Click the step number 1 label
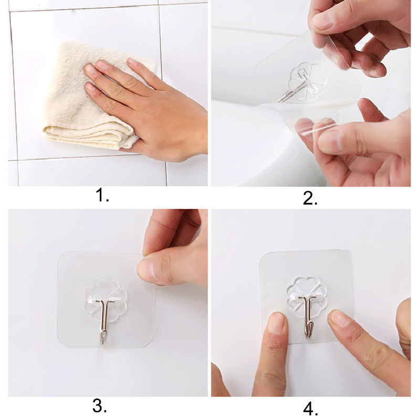[x=102, y=195]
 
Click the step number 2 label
[x=310, y=198]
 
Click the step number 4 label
[x=310, y=409]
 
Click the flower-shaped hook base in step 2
[x=308, y=80]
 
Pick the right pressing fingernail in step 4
[x=339, y=318]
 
